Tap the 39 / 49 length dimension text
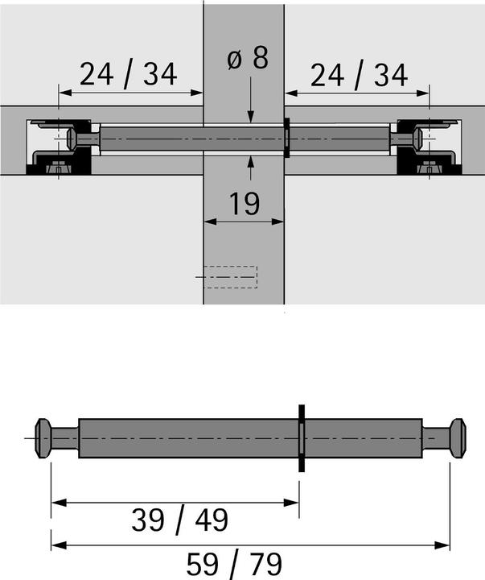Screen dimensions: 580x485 (x=179, y=521)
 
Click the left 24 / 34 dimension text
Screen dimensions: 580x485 (x=128, y=77)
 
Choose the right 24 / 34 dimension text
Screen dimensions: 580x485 (x=360, y=77)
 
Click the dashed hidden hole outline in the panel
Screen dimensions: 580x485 (x=230, y=276)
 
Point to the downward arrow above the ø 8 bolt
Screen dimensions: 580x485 (x=252, y=118)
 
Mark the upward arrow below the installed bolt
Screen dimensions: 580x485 (x=252, y=163)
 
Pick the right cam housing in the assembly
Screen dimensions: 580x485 (x=431, y=147)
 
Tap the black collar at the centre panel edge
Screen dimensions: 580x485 (x=286, y=139)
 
